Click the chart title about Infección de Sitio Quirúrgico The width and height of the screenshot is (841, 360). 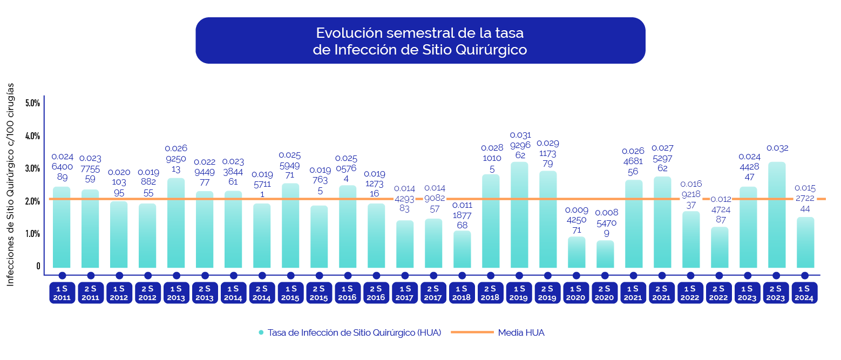[x=420, y=41]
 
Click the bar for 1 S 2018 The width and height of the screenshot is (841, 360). [x=462, y=249]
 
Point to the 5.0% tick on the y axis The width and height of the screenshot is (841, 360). [x=32, y=103]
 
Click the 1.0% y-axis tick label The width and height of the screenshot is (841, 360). [x=32, y=234]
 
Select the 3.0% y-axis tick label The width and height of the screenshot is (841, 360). [x=32, y=168]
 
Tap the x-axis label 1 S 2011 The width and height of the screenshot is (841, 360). [x=62, y=293]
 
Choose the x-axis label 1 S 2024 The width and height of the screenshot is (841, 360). [x=805, y=293]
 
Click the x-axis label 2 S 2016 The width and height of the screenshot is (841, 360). [x=376, y=293]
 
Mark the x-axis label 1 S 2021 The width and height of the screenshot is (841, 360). [x=634, y=293]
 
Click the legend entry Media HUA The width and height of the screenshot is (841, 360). [x=521, y=332]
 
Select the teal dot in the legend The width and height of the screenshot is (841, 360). [x=261, y=332]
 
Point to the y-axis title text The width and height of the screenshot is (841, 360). [x=11, y=185]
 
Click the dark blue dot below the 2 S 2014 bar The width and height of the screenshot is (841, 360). [x=262, y=275]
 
